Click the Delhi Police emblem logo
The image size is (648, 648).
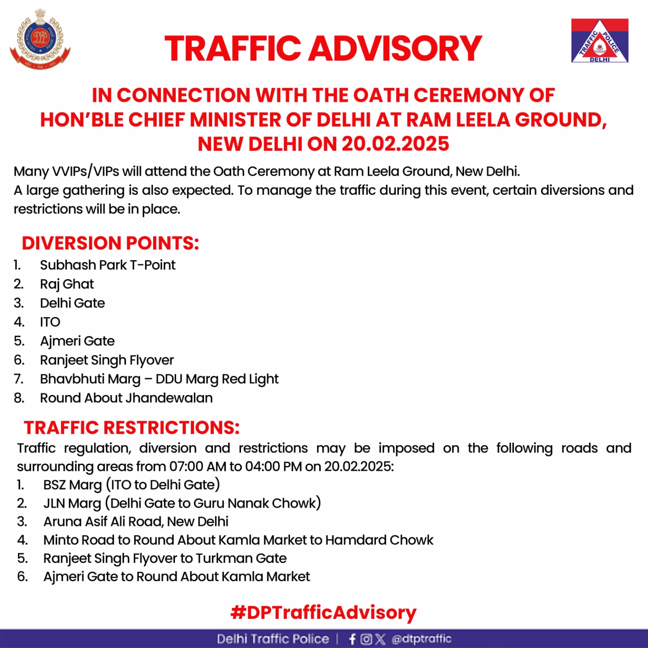pos(40,39)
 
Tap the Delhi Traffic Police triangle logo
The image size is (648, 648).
pos(599,40)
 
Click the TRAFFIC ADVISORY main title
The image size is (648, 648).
pos(323,49)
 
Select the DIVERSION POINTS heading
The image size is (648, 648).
pos(110,243)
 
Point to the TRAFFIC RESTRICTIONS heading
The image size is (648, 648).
pos(132,428)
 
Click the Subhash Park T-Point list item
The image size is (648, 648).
pos(107,265)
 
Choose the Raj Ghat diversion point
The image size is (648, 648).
pos(67,284)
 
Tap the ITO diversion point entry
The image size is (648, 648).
pos(50,322)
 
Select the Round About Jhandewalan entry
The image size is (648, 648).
pos(126,398)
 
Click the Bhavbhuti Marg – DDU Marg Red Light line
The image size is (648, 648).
pos(159,379)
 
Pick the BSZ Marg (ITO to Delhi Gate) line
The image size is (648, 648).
pos(131,484)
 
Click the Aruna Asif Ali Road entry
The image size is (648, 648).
pos(136,521)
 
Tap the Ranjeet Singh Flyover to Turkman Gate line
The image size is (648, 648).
pos(165,558)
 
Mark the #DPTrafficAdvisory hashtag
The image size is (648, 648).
pos(323,612)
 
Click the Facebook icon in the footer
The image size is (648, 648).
pos(352,639)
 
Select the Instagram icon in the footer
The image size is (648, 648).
pos(366,639)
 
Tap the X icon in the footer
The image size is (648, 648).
pos(380,639)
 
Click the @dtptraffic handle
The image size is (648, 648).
pos(421,639)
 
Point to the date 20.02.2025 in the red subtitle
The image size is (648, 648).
pos(395,144)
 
